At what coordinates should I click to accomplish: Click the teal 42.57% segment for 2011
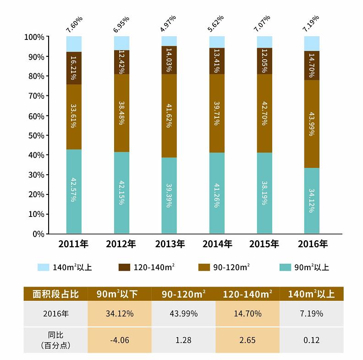click(x=74, y=191)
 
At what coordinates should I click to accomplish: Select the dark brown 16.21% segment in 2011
click(x=74, y=68)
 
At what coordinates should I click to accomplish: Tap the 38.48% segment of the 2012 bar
click(x=121, y=113)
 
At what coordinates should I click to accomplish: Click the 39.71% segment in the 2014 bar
click(x=217, y=113)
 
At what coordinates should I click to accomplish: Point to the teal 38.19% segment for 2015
click(x=264, y=193)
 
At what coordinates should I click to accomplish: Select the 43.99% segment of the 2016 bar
click(x=312, y=124)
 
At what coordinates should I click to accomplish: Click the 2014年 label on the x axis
click(x=216, y=244)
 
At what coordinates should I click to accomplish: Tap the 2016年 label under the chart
click(x=312, y=244)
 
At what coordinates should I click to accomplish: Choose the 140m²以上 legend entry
click(x=65, y=267)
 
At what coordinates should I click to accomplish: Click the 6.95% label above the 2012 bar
click(x=121, y=23)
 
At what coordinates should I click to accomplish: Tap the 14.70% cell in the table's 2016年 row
click(x=247, y=314)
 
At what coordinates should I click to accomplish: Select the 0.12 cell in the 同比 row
click(x=312, y=340)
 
